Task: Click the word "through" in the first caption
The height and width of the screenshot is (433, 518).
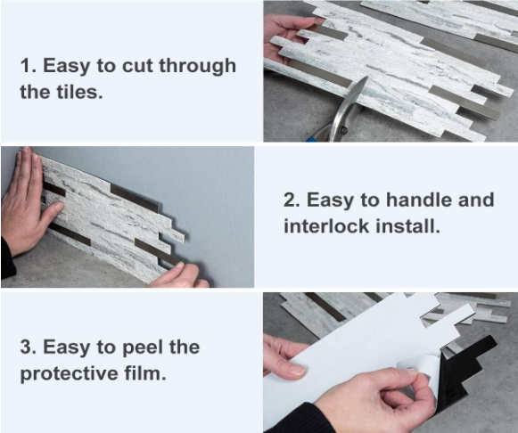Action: [x=198, y=66]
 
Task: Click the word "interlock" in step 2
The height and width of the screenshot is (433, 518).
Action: [x=326, y=226]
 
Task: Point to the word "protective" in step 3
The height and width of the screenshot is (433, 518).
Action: [x=69, y=374]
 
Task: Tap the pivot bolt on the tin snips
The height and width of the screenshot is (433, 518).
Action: [x=344, y=130]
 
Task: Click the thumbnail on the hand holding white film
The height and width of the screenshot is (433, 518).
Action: [x=296, y=371]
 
